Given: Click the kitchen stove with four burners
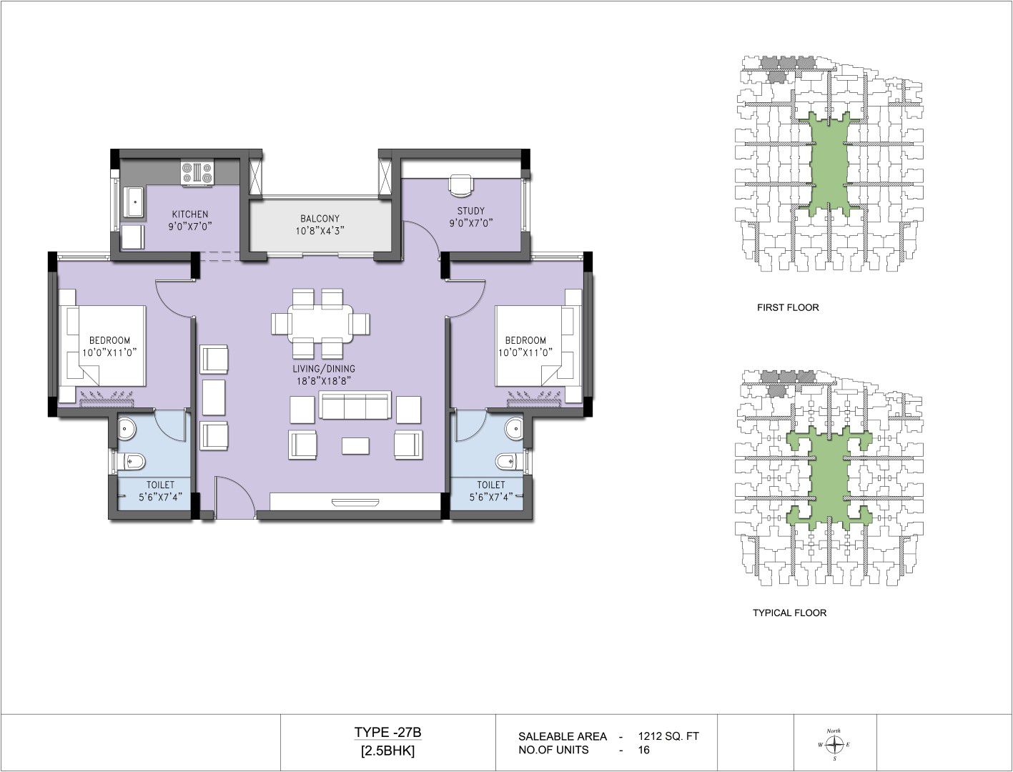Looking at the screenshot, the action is (x=197, y=174).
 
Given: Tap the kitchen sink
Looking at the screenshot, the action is (x=134, y=202).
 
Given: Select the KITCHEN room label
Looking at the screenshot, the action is (x=190, y=214).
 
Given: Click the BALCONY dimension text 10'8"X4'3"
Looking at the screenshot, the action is (x=320, y=231).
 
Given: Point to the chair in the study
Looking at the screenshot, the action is (x=461, y=185).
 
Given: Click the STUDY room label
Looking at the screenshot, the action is (x=470, y=211).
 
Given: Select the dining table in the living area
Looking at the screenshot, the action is (x=321, y=323).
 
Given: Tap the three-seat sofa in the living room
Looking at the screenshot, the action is (x=355, y=406).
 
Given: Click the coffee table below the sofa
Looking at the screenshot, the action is (x=355, y=446).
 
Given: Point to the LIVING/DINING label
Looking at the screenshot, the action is (x=324, y=369).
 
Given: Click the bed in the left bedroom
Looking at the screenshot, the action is (x=107, y=346).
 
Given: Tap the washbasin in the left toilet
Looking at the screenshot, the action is (x=126, y=429).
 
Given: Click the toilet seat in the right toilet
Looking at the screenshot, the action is (x=508, y=461).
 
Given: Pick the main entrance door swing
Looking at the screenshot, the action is (x=235, y=498).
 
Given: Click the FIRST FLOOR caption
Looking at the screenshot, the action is (x=788, y=307).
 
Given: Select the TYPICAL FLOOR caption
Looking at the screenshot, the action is (x=790, y=613).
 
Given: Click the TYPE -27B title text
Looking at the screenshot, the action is (x=387, y=732).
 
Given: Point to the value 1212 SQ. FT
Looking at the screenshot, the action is (x=668, y=736).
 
